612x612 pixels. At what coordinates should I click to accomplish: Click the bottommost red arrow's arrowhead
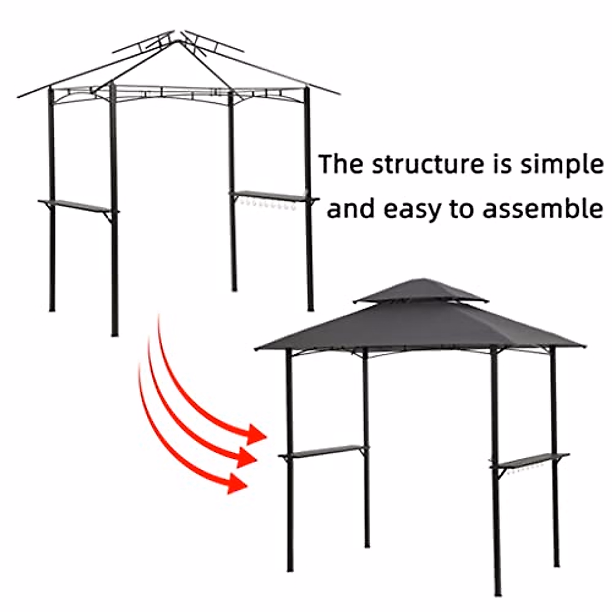coord(238,482)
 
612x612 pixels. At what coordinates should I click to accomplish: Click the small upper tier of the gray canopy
coord(421,291)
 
